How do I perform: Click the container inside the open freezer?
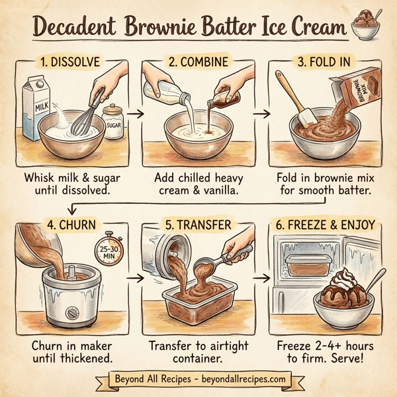308,265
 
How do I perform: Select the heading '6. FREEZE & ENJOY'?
324,225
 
